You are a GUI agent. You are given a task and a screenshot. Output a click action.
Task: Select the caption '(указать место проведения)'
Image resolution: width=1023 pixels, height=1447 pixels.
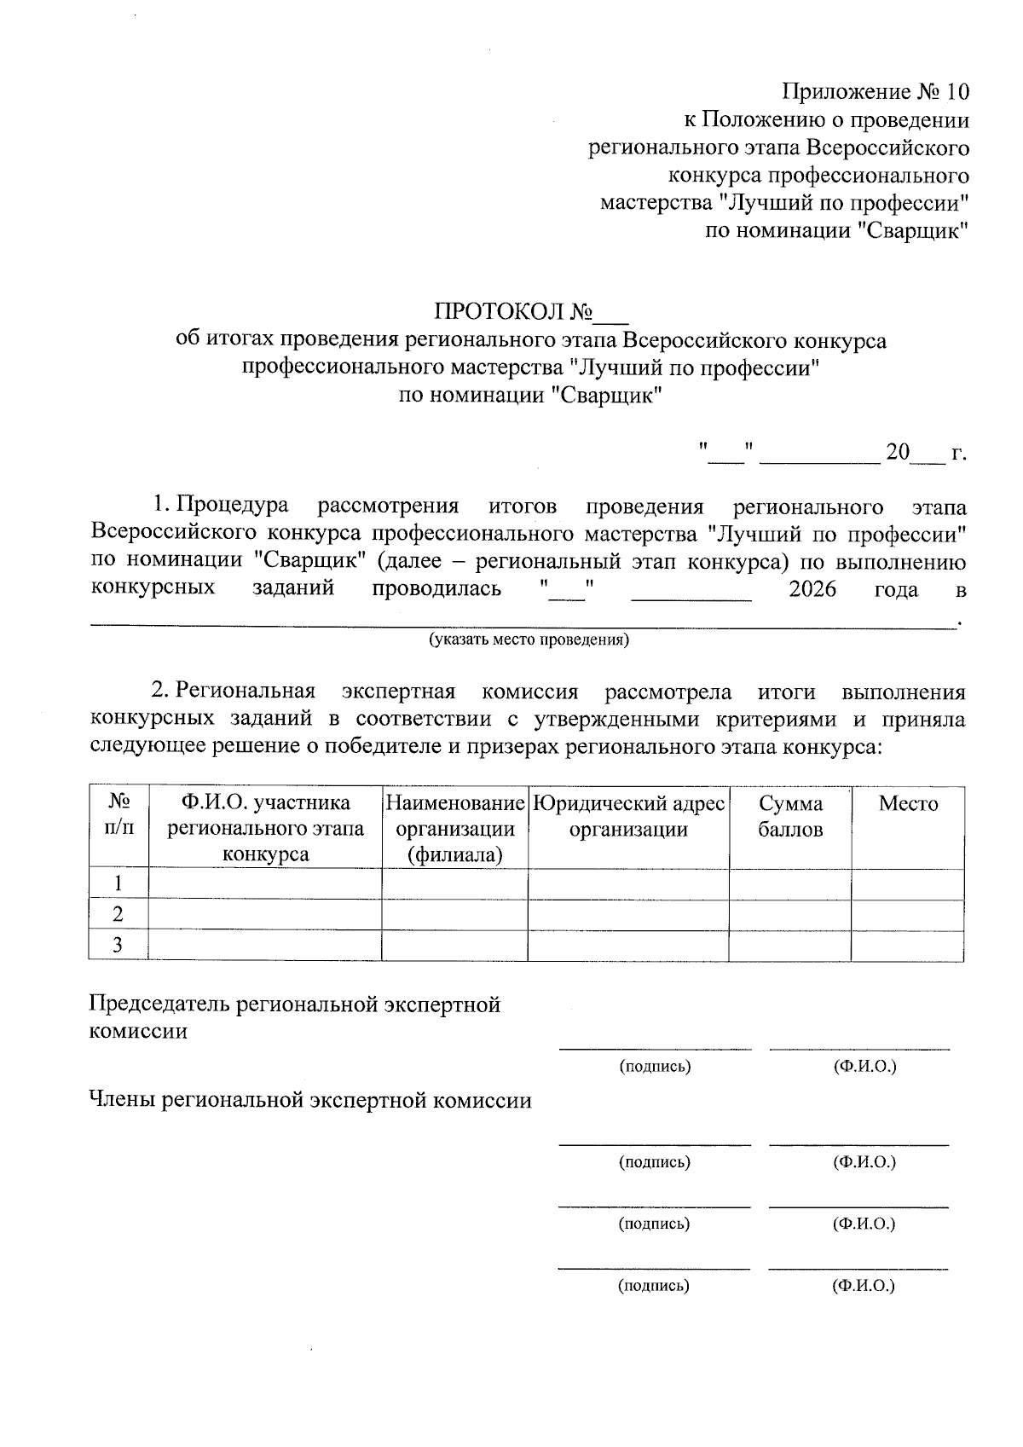coord(529,640)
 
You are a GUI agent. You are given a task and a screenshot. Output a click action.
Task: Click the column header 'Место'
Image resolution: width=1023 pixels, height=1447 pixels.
coord(908,804)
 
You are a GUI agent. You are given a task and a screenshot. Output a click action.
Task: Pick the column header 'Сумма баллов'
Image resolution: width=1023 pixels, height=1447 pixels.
coord(790,816)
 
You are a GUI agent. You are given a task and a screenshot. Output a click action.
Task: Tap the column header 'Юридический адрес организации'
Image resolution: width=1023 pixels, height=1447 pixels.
coord(628,816)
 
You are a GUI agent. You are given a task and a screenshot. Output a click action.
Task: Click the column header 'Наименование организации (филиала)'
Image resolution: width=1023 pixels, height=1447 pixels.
coord(454,828)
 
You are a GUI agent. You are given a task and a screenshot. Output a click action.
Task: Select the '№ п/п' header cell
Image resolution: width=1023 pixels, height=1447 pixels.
coord(118,816)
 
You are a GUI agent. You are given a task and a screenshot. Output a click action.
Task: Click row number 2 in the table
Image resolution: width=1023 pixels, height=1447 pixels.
coord(118,915)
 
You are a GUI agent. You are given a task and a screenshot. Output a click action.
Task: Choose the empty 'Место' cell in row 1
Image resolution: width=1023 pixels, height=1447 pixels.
coord(908,884)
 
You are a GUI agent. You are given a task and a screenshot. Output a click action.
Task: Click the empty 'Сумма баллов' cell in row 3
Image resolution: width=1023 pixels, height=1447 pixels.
coord(790,946)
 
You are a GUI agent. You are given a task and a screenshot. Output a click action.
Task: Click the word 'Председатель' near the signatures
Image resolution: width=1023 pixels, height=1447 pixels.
coord(159,1004)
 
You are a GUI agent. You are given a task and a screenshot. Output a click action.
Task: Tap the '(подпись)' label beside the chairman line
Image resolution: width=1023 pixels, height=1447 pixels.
coord(654,1067)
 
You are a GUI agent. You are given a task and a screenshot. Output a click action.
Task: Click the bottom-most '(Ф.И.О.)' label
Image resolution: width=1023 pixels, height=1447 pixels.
coord(864,1286)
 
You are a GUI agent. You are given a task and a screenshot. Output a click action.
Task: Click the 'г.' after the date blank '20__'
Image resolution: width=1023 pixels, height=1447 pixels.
coord(959,453)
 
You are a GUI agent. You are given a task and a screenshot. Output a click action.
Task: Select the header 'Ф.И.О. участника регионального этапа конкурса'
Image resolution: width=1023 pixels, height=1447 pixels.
coord(265,828)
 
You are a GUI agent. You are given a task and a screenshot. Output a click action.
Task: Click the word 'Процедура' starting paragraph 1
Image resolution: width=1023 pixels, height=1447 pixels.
coord(232,506)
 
